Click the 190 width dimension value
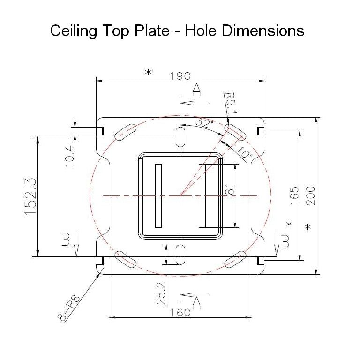coord(180,75)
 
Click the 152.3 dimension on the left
coord(31,196)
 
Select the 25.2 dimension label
coord(161,293)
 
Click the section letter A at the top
coord(197,89)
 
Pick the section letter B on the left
coord(66,240)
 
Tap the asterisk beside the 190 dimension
coord(149,72)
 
